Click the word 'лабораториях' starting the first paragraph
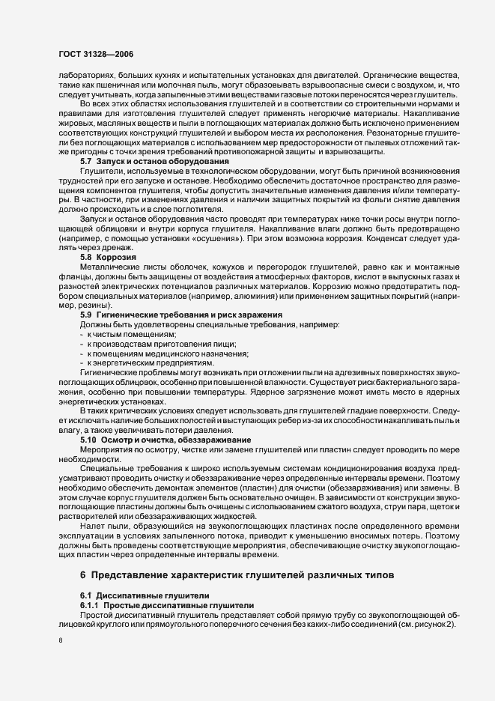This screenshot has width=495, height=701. point(85,76)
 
